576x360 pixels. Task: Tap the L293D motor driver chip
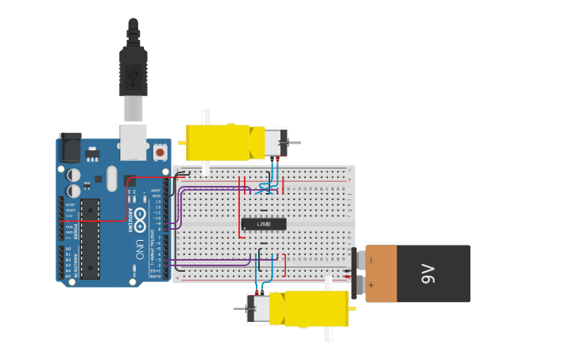coord(263,224)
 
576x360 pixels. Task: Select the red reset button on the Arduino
coord(160,152)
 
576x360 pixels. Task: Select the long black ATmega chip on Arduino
coord(90,238)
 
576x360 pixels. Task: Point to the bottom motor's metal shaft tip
coord(237,308)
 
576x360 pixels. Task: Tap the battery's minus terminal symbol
coord(371,260)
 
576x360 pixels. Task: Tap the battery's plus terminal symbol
coord(371,285)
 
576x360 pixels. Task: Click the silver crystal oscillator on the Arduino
coord(111,178)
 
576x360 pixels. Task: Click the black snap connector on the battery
coord(354,273)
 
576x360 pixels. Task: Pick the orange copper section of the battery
coord(381,273)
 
